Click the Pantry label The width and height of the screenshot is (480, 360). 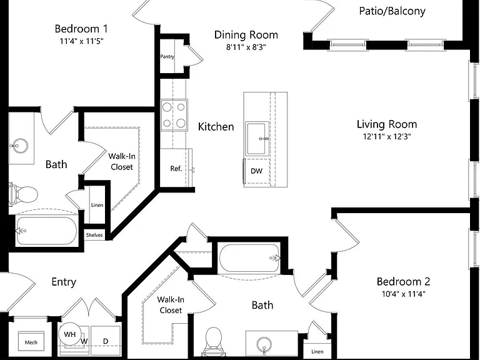click(x=167, y=57)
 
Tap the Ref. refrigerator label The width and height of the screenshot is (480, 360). click(x=176, y=168)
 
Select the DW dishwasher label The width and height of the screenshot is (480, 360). click(x=256, y=171)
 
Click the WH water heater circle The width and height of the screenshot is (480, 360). click(x=70, y=334)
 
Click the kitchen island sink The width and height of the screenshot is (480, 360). click(x=258, y=138)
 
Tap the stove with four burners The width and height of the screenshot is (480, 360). click(x=174, y=115)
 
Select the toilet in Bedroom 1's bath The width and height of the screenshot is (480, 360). click(x=23, y=194)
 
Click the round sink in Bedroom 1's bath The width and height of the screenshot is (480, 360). click(x=19, y=146)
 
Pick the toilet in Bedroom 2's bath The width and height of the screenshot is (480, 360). click(x=213, y=340)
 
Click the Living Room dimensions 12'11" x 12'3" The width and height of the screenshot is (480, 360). click(x=387, y=136)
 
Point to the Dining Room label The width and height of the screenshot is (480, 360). click(x=246, y=35)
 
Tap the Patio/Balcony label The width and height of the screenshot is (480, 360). click(x=392, y=11)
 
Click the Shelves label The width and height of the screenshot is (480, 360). click(x=94, y=235)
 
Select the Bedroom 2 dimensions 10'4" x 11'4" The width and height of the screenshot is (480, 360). click(x=404, y=294)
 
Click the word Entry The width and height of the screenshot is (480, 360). click(x=64, y=282)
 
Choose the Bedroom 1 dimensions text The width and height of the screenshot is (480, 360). click(x=81, y=41)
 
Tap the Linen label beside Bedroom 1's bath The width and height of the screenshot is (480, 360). click(x=97, y=205)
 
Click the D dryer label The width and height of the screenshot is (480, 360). click(x=106, y=341)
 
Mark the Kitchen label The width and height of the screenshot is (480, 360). click(x=216, y=127)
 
